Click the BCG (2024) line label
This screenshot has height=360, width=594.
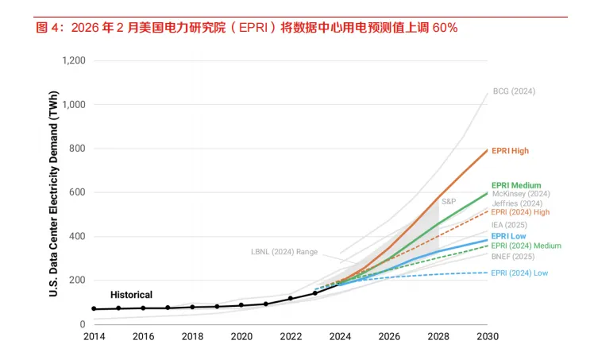click(514, 91)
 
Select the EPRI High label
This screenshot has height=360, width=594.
click(510, 151)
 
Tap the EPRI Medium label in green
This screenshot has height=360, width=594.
click(516, 185)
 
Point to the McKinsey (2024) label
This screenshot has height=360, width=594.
click(521, 194)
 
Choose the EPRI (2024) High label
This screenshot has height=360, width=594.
click(520, 212)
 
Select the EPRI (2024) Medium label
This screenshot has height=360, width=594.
click(526, 246)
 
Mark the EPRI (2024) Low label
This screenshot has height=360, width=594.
click(519, 273)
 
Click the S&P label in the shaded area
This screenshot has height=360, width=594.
click(449, 202)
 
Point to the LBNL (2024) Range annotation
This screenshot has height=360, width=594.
click(283, 252)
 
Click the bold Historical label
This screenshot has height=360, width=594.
click(131, 295)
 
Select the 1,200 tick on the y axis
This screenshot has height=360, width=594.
click(73, 60)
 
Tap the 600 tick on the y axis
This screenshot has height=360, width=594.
click(77, 192)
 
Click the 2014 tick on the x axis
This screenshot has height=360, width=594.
click(94, 337)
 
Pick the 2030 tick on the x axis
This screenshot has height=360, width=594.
click(487, 337)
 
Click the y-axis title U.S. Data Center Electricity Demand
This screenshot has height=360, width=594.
click(54, 191)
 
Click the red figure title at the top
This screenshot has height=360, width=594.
click(247, 28)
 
